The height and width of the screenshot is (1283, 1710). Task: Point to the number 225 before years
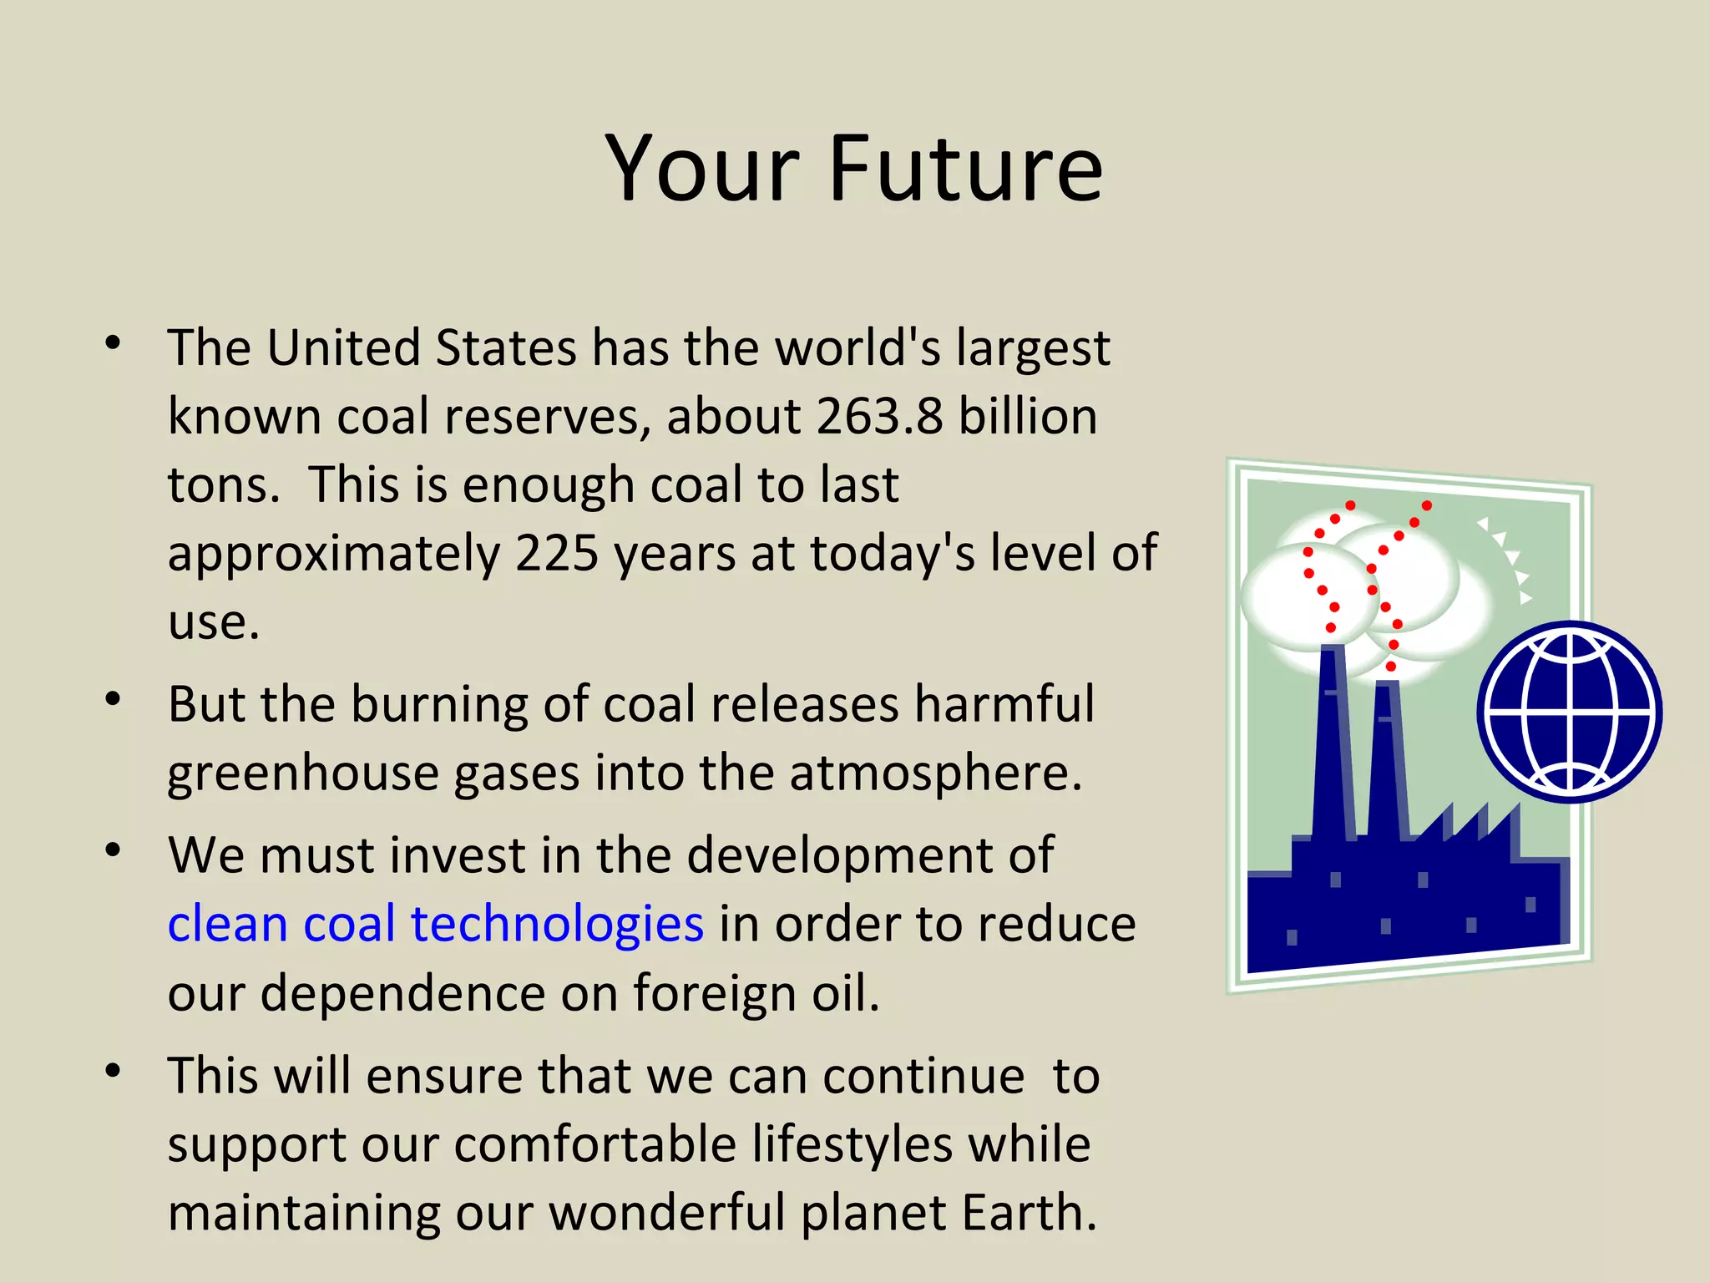click(x=557, y=553)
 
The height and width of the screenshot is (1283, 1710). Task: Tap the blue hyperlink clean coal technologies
click(x=435, y=925)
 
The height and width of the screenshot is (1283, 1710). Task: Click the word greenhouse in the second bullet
click(x=301, y=773)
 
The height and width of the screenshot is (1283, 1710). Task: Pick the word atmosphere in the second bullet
click(x=934, y=773)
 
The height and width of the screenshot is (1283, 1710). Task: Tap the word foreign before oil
click(x=720, y=994)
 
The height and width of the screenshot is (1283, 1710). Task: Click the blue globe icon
click(x=1570, y=712)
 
